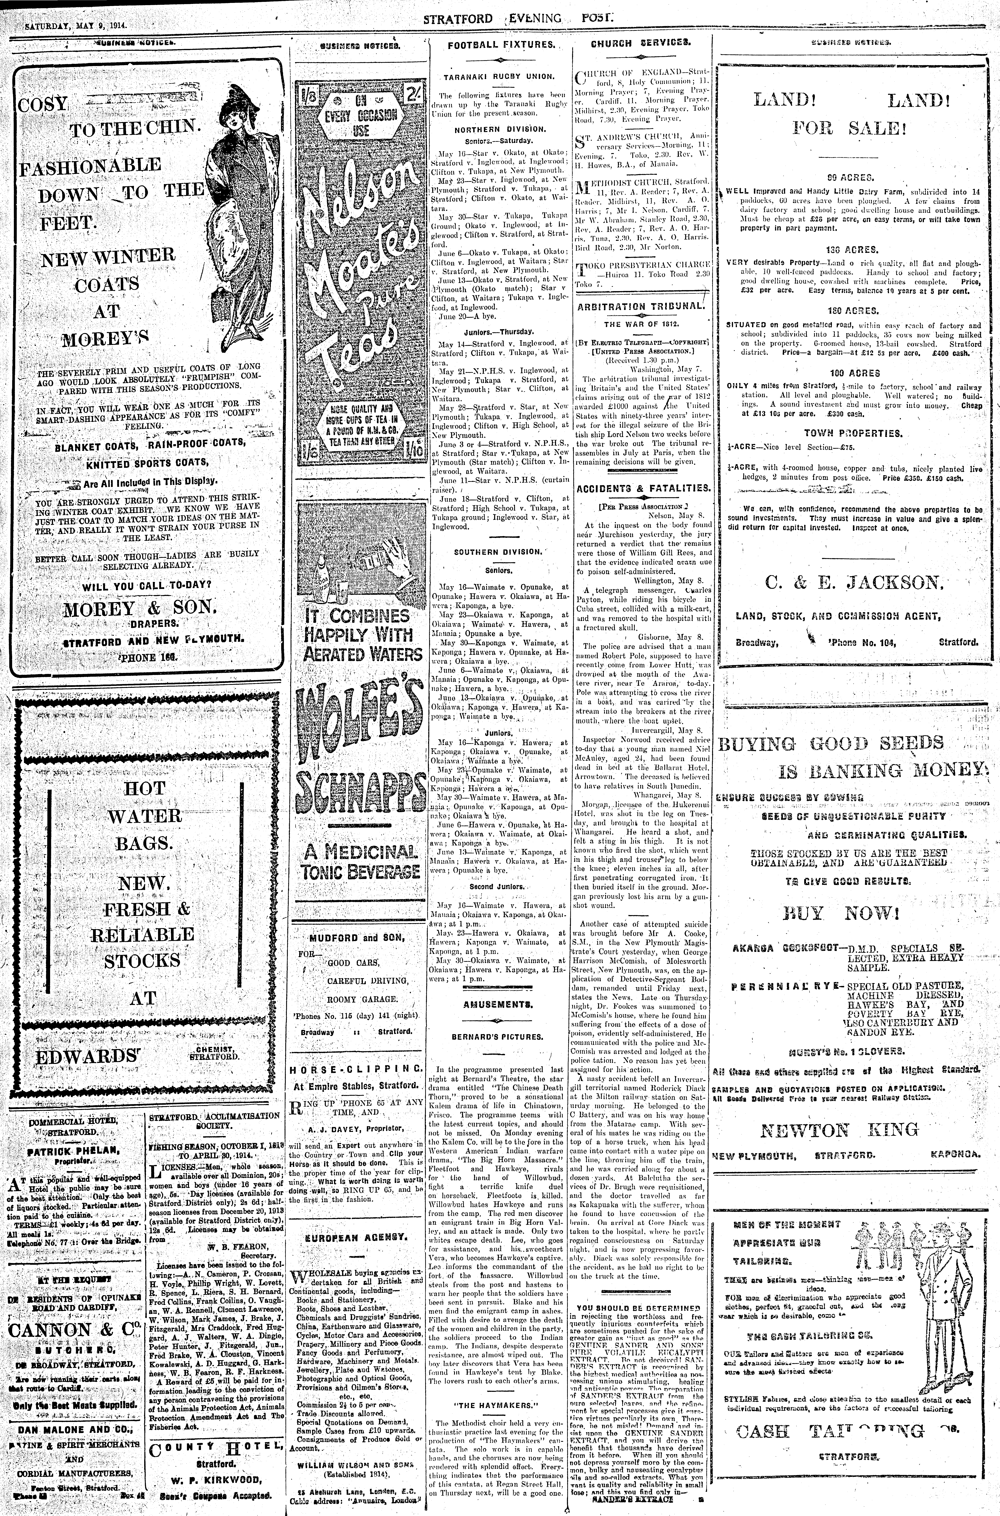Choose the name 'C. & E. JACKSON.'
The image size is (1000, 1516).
(850, 582)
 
